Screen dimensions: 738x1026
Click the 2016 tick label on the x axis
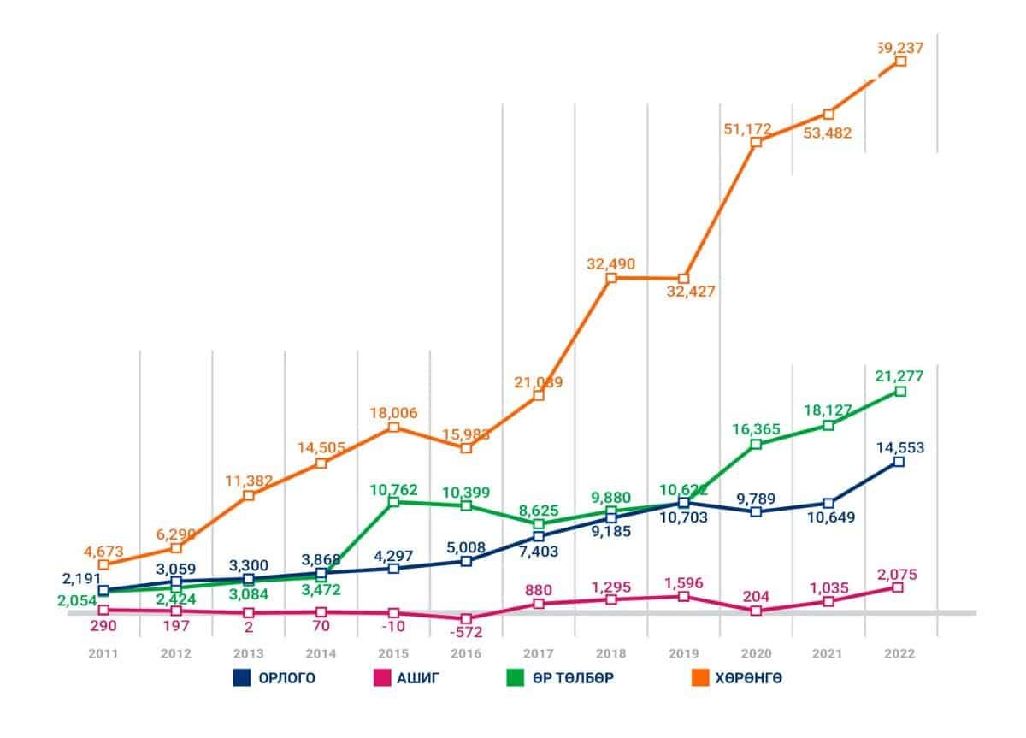click(x=466, y=653)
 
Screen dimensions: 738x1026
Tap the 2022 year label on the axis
click(x=900, y=653)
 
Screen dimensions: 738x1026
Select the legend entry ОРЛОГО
click(x=274, y=679)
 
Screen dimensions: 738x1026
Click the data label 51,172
click(x=747, y=129)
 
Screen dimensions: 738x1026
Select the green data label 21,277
click(x=899, y=375)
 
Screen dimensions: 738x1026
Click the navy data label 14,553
click(x=900, y=446)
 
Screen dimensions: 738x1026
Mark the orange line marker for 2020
click(x=756, y=143)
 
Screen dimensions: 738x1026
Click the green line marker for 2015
click(x=393, y=502)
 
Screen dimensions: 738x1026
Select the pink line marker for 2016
click(x=466, y=618)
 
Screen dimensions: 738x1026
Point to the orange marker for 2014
click(x=321, y=463)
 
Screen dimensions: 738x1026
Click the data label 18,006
click(x=392, y=412)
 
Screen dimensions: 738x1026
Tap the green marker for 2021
click(x=828, y=425)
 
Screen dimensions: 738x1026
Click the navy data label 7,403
click(x=539, y=552)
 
